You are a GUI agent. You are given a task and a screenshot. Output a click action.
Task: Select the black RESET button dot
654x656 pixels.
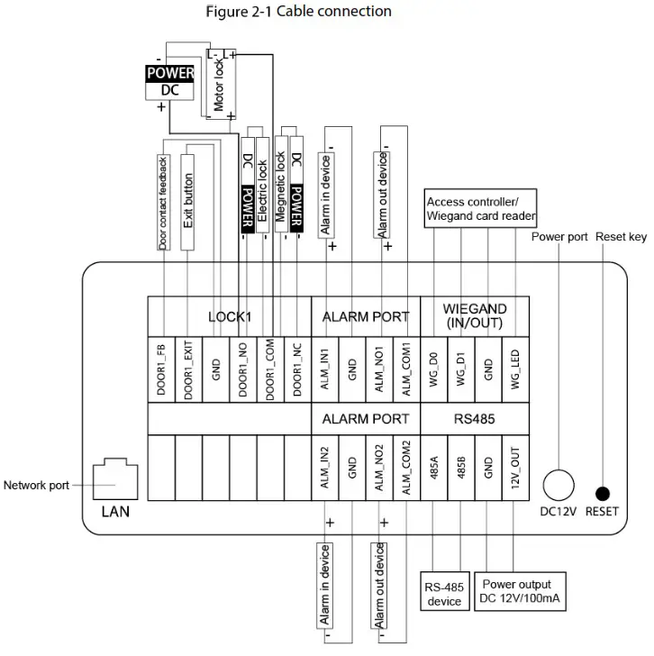(602, 493)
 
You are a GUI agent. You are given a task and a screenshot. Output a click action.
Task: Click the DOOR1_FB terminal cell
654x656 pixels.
(161, 369)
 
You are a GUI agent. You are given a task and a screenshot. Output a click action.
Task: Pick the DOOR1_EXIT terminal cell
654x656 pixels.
(188, 369)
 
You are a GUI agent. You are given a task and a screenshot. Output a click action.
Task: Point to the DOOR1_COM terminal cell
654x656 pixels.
(270, 369)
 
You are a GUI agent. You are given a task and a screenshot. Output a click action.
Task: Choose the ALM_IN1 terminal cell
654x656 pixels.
(325, 369)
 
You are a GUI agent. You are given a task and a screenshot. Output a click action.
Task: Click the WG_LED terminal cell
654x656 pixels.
(516, 369)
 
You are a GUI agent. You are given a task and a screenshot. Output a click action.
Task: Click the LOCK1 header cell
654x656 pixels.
(230, 316)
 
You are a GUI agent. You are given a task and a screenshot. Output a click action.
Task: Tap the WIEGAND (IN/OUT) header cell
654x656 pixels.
(475, 316)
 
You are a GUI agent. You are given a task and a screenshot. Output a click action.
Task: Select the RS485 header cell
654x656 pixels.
(475, 419)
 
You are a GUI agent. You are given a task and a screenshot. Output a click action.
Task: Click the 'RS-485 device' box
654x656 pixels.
(444, 594)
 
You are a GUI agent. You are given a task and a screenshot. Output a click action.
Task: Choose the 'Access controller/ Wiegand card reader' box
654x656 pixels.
(480, 209)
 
